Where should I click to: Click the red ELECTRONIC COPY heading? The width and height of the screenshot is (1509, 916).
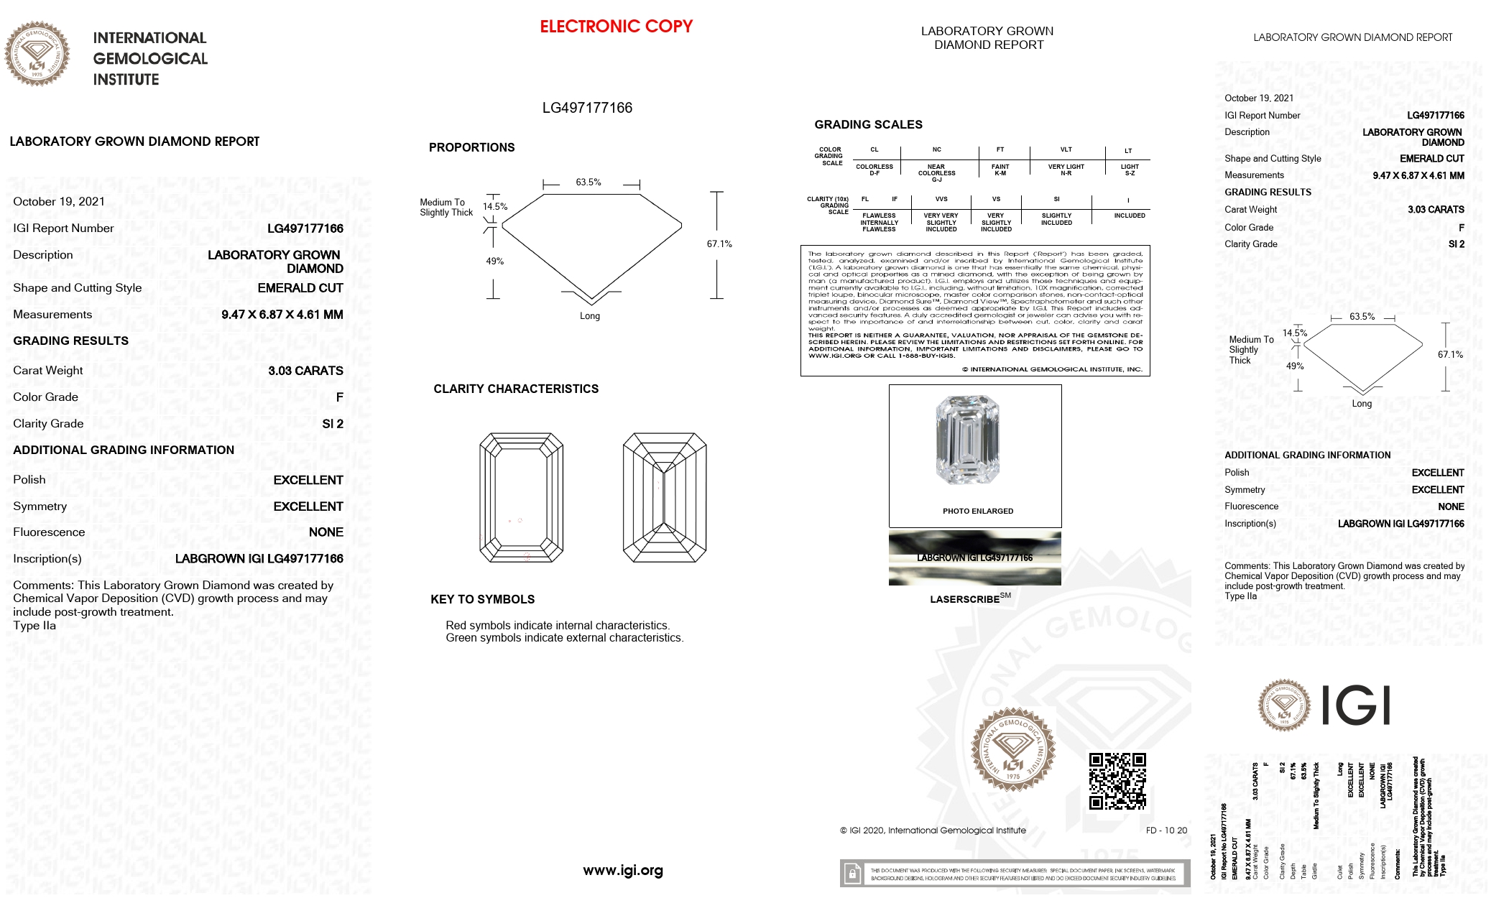click(x=616, y=27)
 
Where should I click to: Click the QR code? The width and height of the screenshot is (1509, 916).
click(x=1117, y=781)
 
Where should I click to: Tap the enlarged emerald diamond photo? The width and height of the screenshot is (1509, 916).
click(x=967, y=440)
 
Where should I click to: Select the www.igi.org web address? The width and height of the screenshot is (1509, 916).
click(x=622, y=871)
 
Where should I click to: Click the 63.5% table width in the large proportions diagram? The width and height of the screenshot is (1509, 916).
click(x=588, y=182)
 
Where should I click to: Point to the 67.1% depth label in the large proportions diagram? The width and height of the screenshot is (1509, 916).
click(x=719, y=244)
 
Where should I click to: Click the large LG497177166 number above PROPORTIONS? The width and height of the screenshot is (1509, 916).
click(x=587, y=108)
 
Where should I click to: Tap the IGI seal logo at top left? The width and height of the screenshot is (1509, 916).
click(x=37, y=54)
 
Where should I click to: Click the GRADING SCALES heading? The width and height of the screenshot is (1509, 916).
click(x=868, y=124)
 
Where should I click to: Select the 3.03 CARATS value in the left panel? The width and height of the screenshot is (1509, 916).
click(x=305, y=371)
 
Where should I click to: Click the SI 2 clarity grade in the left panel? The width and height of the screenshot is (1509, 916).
click(x=332, y=424)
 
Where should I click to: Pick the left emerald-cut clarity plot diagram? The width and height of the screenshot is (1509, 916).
click(x=521, y=497)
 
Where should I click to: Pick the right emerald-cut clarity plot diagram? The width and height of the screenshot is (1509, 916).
click(x=665, y=497)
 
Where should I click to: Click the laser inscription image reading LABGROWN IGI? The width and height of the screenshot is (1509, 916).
click(x=974, y=558)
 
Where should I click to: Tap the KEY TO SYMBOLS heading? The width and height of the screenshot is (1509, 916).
click(x=482, y=599)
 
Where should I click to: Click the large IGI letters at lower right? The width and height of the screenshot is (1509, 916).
click(x=1355, y=705)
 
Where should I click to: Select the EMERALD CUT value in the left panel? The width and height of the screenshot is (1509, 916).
click(x=300, y=288)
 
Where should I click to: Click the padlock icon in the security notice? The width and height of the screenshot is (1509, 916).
click(x=852, y=874)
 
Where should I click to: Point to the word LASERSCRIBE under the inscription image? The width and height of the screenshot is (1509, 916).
click(x=964, y=599)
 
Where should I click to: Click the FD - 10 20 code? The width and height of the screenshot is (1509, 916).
click(x=1166, y=831)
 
